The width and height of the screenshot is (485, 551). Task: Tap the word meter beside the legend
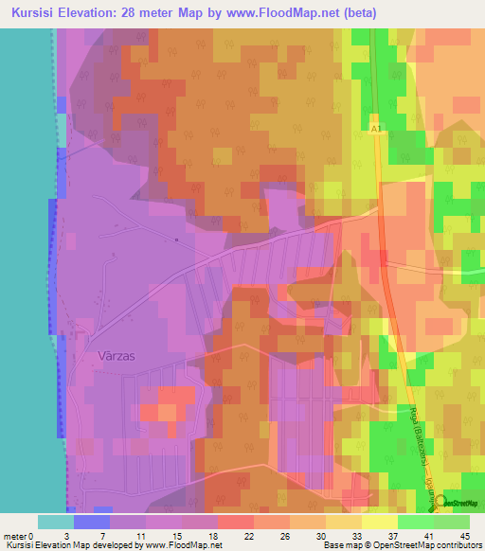13,536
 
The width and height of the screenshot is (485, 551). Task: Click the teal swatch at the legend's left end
56,522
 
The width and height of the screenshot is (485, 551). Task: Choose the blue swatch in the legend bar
92,522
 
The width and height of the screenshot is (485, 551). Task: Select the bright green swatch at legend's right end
452,522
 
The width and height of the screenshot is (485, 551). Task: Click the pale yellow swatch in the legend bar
380,522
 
